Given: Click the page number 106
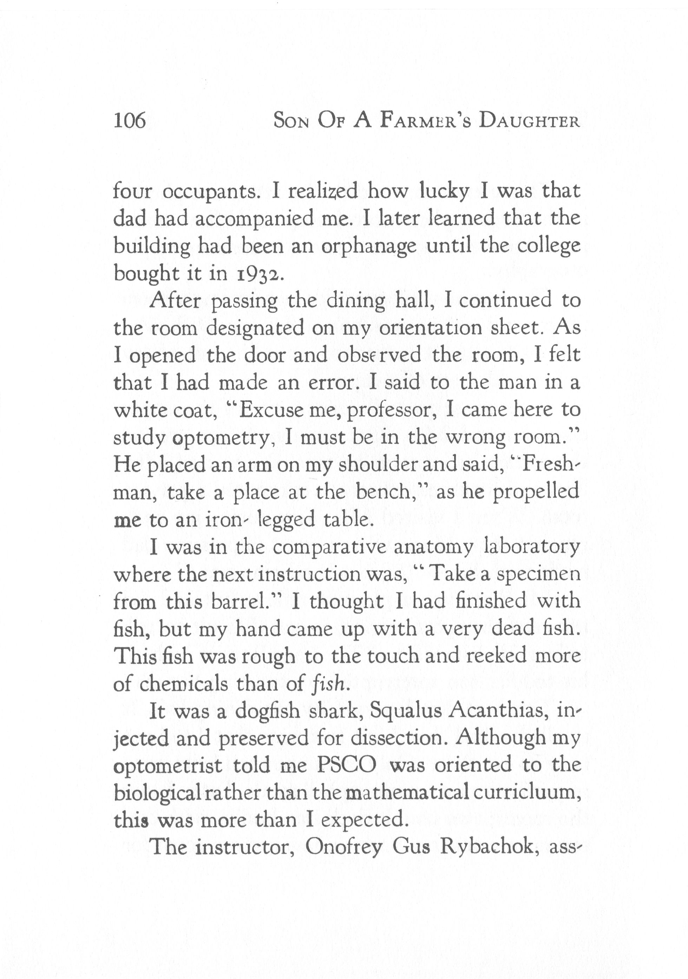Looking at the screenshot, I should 130,121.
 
